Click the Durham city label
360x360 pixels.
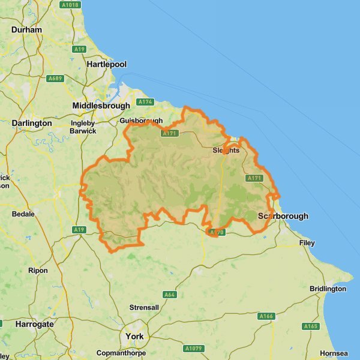(26, 29)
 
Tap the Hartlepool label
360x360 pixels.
(106, 64)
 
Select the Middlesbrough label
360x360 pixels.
(101, 106)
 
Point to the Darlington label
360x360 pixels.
(32, 123)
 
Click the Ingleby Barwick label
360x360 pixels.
(83, 127)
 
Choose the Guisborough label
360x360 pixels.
(140, 121)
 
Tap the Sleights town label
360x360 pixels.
(226, 151)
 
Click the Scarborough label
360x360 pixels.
(283, 216)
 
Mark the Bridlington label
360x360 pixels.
(328, 289)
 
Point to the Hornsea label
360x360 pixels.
(334, 353)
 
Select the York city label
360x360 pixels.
(134, 337)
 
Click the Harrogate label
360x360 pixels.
(34, 324)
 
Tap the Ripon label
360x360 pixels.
(38, 271)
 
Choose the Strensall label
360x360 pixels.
(144, 308)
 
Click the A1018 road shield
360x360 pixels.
(70, 5)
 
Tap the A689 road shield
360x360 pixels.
(56, 78)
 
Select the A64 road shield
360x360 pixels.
(170, 295)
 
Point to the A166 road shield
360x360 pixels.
(266, 316)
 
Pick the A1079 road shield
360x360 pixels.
(194, 348)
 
